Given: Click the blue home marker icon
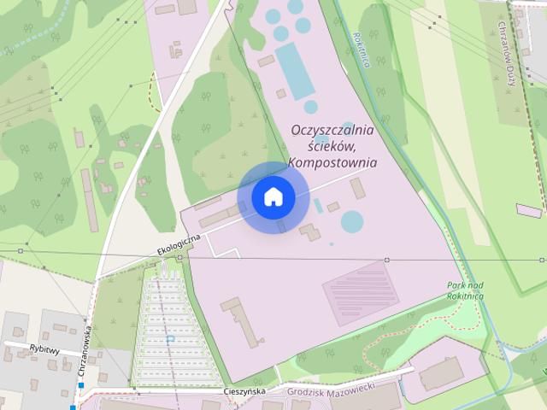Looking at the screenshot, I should (x=273, y=197).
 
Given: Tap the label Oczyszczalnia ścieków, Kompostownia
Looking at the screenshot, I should (x=332, y=146).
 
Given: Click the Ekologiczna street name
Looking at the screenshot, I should (x=178, y=243).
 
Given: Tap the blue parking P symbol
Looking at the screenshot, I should (x=170, y=339).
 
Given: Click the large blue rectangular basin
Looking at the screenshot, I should (x=293, y=70).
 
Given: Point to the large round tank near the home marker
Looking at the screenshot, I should (x=352, y=221).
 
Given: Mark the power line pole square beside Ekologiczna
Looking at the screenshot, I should (x=179, y=257).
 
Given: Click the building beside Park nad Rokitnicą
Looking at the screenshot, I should (x=441, y=373).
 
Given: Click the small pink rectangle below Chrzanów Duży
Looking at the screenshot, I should (x=529, y=210).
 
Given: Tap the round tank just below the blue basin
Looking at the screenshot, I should (x=311, y=107).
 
